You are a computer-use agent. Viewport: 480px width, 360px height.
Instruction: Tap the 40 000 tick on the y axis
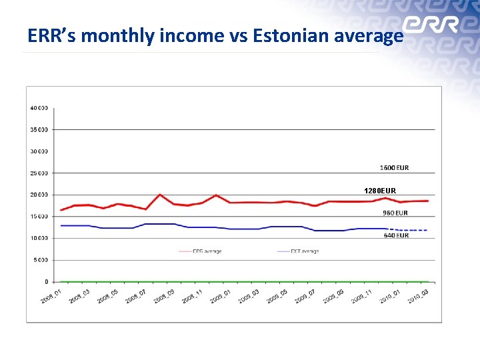pos(38,108)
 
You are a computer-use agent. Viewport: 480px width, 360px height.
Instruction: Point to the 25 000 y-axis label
pos(38,173)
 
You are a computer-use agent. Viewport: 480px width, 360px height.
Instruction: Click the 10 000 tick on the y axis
pos(38,238)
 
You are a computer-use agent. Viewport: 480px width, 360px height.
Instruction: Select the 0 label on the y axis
pos(45,282)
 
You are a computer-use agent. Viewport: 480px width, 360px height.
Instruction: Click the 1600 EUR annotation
pos(395,167)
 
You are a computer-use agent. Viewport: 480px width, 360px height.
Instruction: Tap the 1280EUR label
pos(380,191)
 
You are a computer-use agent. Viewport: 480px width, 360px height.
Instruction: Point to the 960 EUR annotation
pos(395,213)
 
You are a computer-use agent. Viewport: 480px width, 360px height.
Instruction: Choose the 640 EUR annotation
pos(396,235)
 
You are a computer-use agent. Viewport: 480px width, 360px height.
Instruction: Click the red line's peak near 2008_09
pos(160,195)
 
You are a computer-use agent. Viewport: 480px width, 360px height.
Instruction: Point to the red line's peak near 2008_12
pos(215,195)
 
